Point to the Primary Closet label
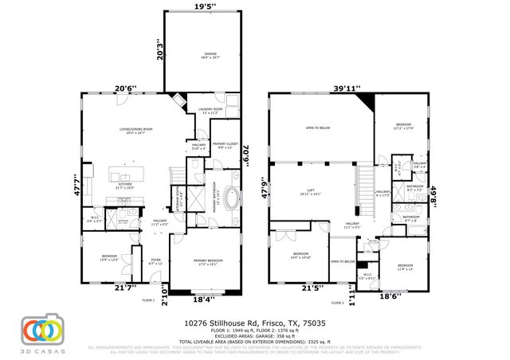(x=226, y=146)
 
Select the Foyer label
(x=156, y=261)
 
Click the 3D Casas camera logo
(x=40, y=328)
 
